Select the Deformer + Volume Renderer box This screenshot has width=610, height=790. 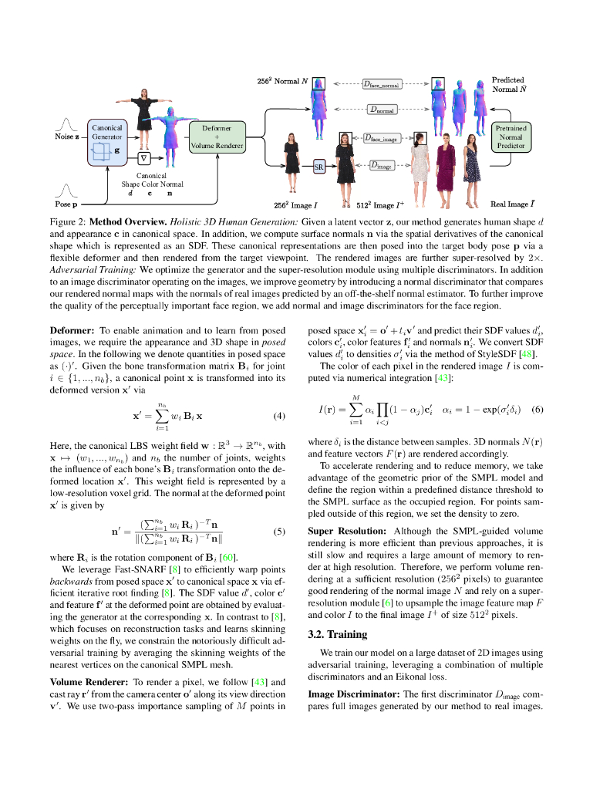point(217,137)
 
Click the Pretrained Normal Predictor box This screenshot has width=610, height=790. point(510,137)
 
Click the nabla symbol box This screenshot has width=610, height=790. point(143,157)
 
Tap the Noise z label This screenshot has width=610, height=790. point(67,137)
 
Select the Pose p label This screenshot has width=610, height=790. point(66,205)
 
